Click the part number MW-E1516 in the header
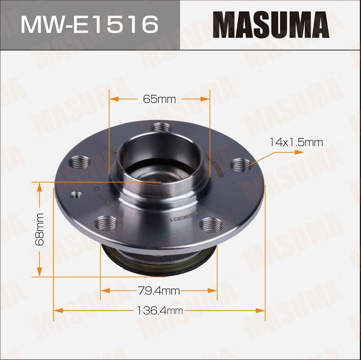(90, 25)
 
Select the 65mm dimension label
(159, 99)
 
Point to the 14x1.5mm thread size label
(296, 142)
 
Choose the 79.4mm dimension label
(159, 291)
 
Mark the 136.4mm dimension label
(160, 311)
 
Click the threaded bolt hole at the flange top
(160, 128)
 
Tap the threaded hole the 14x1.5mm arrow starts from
(241, 165)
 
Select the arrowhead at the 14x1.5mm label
(299, 152)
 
